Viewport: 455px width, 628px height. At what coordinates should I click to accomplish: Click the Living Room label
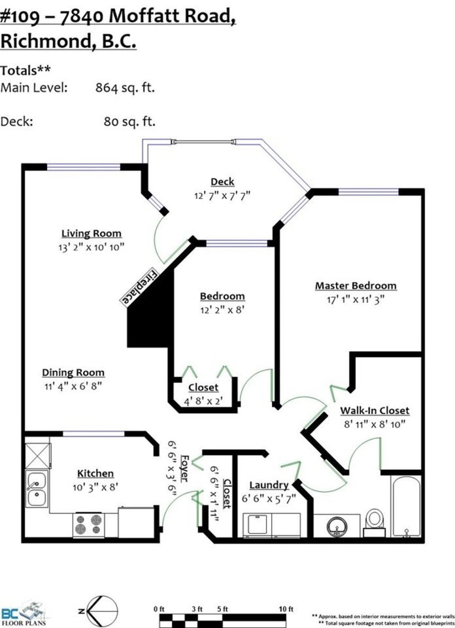click(x=92, y=234)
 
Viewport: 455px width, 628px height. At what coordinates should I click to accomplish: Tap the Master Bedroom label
click(x=356, y=286)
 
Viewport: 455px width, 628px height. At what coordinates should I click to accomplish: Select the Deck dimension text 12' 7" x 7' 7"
click(x=222, y=196)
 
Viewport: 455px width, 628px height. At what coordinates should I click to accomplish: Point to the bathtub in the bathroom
click(x=406, y=506)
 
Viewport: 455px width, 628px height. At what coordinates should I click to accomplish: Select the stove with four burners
click(x=88, y=525)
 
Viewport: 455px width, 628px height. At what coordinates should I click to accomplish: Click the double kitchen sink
click(x=37, y=489)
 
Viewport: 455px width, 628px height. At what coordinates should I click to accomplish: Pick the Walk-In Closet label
click(x=375, y=411)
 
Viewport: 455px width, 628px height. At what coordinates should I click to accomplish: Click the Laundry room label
click(x=269, y=485)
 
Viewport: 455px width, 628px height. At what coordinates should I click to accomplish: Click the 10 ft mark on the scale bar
click(x=286, y=609)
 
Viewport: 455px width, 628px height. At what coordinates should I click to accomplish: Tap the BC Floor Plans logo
click(x=24, y=614)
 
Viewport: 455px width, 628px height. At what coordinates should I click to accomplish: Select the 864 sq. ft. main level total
click(x=125, y=88)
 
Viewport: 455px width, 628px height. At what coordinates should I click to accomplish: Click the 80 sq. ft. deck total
click(x=129, y=122)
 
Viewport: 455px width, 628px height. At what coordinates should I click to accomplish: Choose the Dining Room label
click(x=73, y=372)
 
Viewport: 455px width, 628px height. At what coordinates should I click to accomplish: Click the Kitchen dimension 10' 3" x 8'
click(x=95, y=487)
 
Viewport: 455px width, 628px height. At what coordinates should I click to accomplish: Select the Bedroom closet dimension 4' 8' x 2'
click(x=203, y=401)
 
